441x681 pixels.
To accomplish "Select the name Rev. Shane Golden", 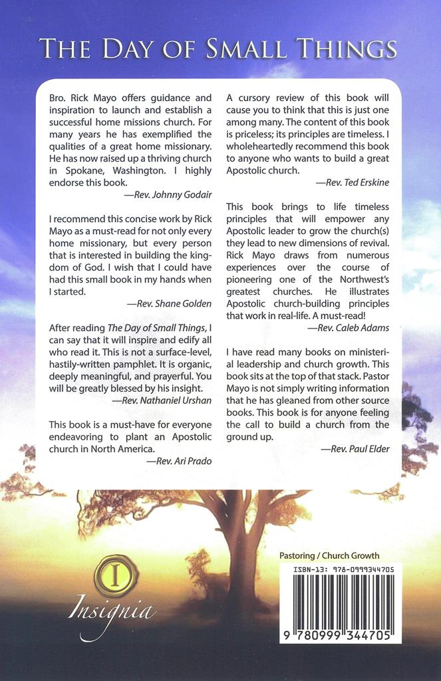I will click(169, 303).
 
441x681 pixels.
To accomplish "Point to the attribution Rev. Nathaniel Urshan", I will click(162, 400).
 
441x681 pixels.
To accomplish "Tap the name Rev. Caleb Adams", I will click(349, 328).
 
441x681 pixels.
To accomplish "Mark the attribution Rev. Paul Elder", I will click(355, 449).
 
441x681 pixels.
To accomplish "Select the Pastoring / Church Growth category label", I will click(329, 556).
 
